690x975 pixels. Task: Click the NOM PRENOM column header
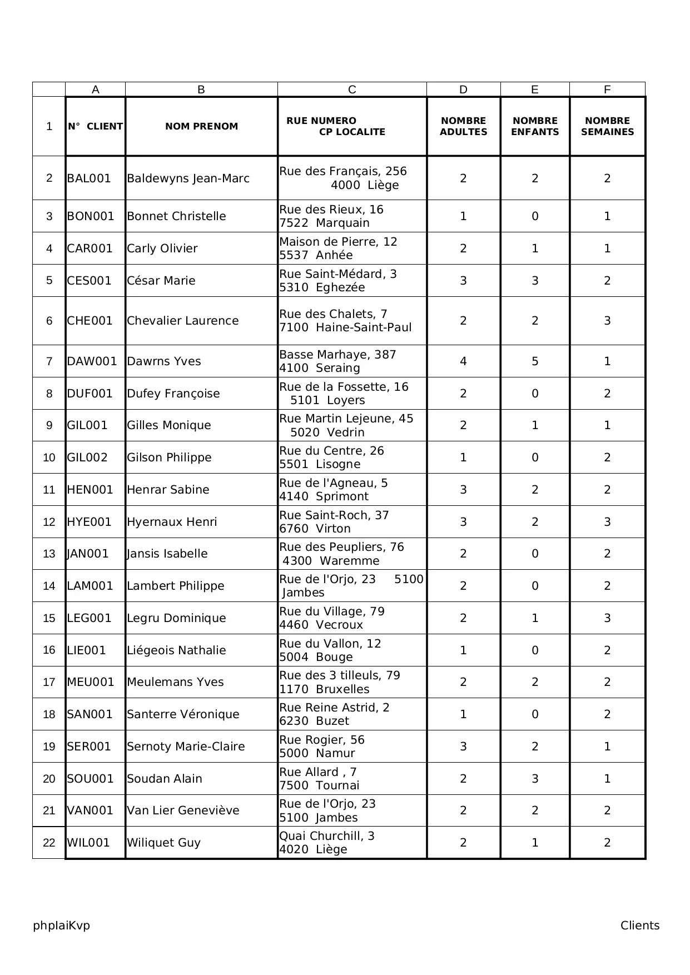201,126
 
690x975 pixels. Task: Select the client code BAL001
89,178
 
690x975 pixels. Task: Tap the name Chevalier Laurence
182,321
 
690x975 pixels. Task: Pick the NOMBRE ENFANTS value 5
535,361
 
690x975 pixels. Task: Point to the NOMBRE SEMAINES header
607,126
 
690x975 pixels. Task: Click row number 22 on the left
49,843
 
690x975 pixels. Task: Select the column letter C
352,89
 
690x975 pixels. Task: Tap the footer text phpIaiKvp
61,926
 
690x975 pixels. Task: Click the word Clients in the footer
640,926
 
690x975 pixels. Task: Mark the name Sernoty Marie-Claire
186,747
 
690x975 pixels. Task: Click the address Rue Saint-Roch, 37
334,515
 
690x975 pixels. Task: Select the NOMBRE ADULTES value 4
463,361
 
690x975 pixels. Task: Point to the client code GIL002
87,457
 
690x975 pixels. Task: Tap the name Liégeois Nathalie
176,650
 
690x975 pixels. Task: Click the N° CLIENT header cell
95,126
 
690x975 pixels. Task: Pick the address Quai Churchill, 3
327,836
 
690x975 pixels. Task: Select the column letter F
607,89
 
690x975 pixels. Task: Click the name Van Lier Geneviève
183,810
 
